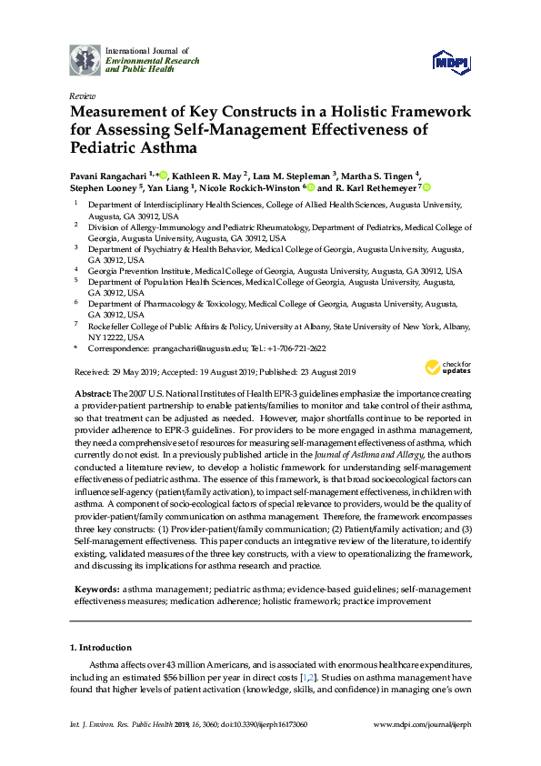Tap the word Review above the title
82,96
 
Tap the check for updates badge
444,368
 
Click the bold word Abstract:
94,391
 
